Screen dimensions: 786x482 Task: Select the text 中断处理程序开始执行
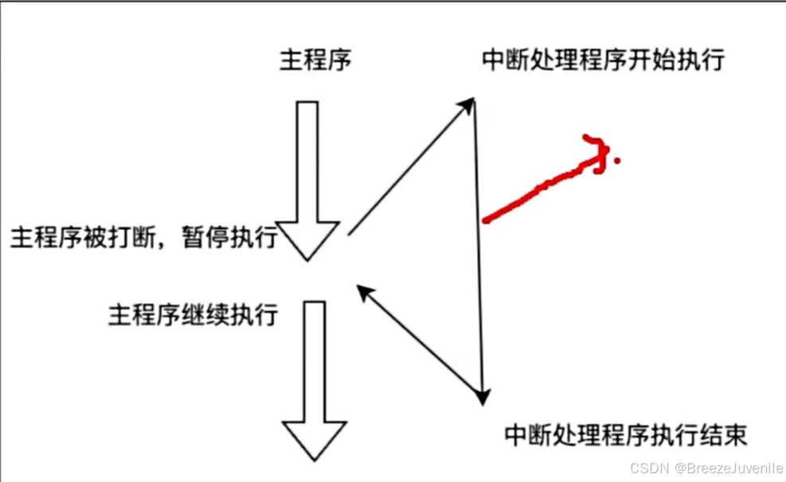[x=603, y=61]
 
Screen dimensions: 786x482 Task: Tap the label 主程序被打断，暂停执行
[x=143, y=236]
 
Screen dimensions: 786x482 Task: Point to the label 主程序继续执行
[x=193, y=314]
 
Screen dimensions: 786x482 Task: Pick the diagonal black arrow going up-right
[x=410, y=167]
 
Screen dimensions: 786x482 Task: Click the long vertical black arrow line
[x=479, y=247]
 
